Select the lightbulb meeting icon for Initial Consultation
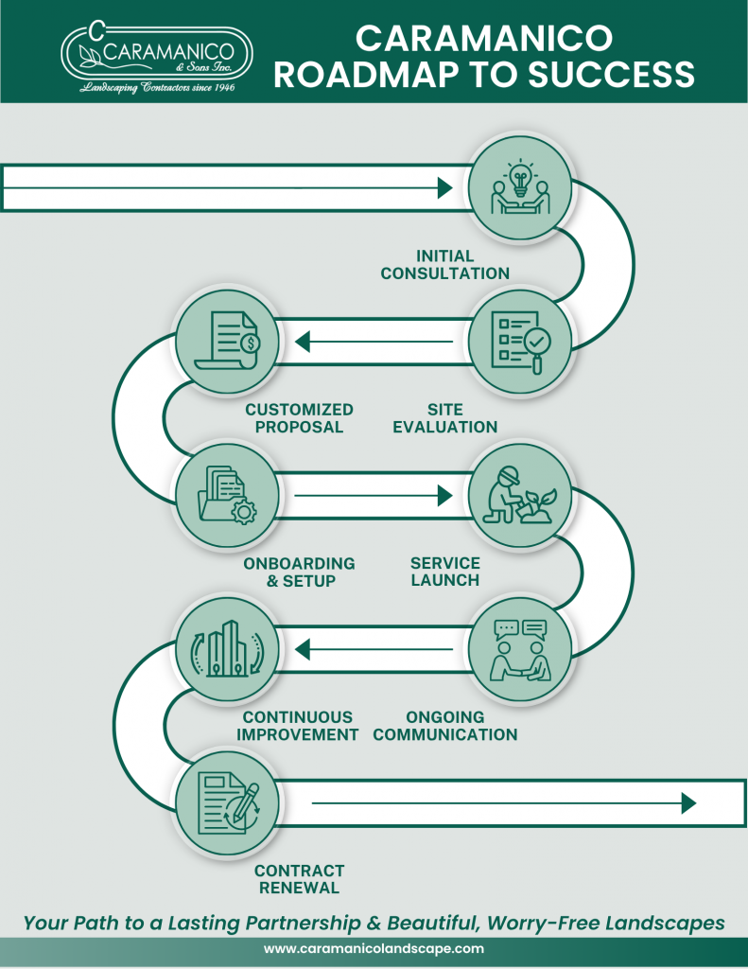[x=519, y=187]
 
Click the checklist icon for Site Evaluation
[x=519, y=341]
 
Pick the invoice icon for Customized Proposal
[x=227, y=341]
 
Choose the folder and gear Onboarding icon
[x=227, y=495]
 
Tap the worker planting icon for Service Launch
[x=519, y=495]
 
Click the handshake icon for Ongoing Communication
[x=519, y=648]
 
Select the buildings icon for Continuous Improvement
[x=227, y=648]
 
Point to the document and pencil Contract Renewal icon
[x=227, y=802]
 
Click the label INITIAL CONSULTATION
[x=444, y=265]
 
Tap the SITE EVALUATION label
[x=444, y=418]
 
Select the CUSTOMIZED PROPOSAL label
[x=299, y=418]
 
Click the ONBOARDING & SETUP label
[x=299, y=572]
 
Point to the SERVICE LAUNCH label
[x=444, y=572]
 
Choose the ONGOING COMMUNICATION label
[x=444, y=726]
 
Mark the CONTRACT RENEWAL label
[x=299, y=879]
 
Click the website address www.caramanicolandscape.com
[x=374, y=948]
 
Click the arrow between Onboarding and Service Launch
[x=374, y=495]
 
